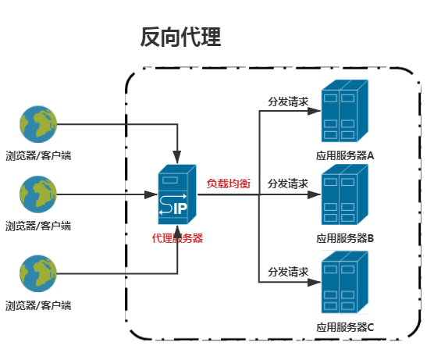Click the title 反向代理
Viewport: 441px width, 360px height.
(180, 37)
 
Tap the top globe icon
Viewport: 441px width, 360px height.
(38, 124)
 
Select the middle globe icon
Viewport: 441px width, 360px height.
(38, 194)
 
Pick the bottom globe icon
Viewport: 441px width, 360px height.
(38, 273)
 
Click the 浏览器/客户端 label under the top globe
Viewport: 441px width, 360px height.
(38, 155)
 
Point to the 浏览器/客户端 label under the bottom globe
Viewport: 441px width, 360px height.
(38, 305)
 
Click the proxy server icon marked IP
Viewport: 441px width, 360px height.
(177, 194)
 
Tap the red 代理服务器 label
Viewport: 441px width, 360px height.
(177, 238)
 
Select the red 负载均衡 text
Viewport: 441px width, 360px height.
(229, 184)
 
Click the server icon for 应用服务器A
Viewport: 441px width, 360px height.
(345, 111)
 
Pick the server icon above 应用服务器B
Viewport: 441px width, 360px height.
(345, 194)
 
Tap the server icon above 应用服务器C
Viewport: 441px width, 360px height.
(345, 282)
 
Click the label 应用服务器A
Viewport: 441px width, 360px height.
(345, 155)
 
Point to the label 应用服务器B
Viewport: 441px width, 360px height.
(345, 238)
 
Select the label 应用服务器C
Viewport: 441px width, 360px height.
(345, 327)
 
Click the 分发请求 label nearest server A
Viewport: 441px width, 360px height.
(288, 102)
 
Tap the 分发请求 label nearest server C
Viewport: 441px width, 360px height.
(288, 272)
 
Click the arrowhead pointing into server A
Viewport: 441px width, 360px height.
(314, 111)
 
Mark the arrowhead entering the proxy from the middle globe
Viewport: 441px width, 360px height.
(151, 194)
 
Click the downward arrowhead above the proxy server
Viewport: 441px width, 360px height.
(177, 157)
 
